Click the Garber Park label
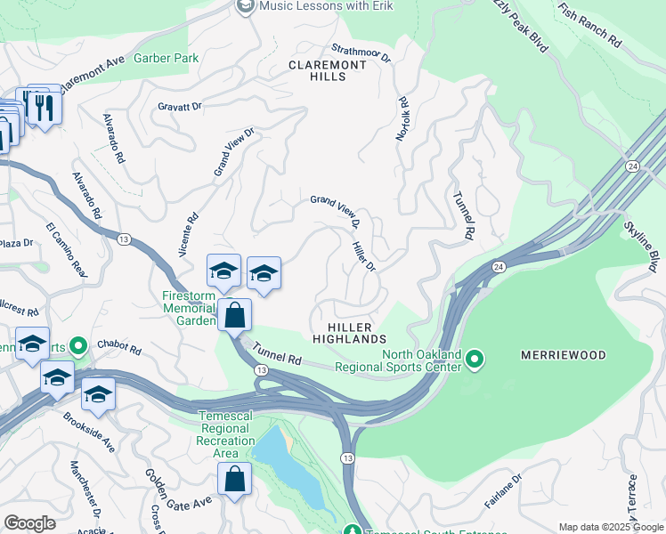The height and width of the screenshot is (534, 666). click(166, 58)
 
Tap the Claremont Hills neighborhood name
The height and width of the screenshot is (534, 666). click(328, 71)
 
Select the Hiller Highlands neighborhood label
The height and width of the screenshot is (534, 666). click(349, 332)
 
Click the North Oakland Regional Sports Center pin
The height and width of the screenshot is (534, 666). click(475, 360)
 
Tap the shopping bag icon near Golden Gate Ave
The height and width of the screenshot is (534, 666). click(234, 479)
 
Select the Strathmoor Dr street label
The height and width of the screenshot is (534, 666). click(361, 53)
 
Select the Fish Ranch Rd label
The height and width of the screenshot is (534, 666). click(589, 24)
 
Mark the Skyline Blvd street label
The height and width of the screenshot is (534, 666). click(640, 241)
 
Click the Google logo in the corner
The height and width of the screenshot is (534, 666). click(30, 523)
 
